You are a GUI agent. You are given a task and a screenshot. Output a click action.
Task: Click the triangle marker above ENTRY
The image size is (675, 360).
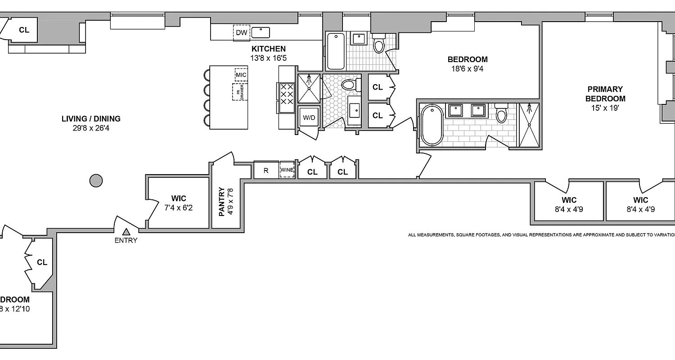[x=126, y=231]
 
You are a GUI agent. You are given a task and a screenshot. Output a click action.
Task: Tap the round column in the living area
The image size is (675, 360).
[x=96, y=181]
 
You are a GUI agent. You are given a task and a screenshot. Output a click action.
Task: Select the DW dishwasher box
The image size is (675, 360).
[x=241, y=32]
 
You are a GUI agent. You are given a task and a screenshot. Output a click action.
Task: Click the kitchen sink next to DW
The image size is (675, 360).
[x=261, y=32]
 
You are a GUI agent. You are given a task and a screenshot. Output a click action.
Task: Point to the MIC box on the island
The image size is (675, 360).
[x=241, y=74]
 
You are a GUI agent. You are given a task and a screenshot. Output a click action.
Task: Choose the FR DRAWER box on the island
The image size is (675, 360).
[x=240, y=92]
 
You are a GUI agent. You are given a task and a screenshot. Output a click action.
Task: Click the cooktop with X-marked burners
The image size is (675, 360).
[x=287, y=94]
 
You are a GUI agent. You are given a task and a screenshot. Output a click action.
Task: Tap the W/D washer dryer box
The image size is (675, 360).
[x=309, y=118]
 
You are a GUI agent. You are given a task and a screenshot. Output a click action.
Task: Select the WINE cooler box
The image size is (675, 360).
[x=287, y=170]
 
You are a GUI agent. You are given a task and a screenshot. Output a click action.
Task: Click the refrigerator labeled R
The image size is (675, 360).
[x=266, y=171]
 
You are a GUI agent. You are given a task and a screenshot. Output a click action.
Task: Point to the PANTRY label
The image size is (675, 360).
[x=221, y=202]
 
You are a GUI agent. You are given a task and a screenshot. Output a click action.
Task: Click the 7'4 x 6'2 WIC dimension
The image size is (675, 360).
[x=179, y=208]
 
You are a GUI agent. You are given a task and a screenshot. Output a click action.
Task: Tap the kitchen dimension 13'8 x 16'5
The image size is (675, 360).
[x=268, y=58]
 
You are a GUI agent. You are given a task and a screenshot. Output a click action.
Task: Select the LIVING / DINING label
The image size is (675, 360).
[x=91, y=119]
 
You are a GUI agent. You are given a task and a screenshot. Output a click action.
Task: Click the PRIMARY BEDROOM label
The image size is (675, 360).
[x=605, y=94]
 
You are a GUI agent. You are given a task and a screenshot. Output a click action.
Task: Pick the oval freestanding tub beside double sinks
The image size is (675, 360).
[x=432, y=125]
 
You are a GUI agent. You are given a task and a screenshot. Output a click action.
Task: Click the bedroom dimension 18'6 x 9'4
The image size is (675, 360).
[x=468, y=69]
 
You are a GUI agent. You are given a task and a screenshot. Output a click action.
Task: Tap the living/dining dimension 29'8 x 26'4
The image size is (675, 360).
[x=91, y=129]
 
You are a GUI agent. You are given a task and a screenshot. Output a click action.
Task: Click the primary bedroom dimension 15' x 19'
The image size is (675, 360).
[x=605, y=108]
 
